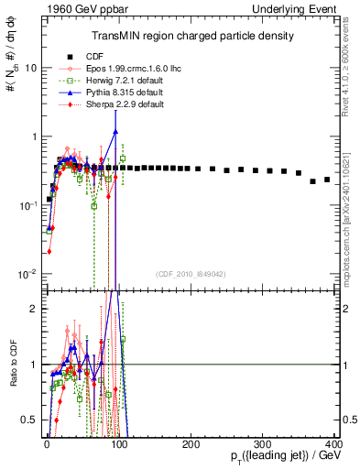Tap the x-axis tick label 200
[x=191, y=442]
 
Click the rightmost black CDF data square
[x=327, y=179]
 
